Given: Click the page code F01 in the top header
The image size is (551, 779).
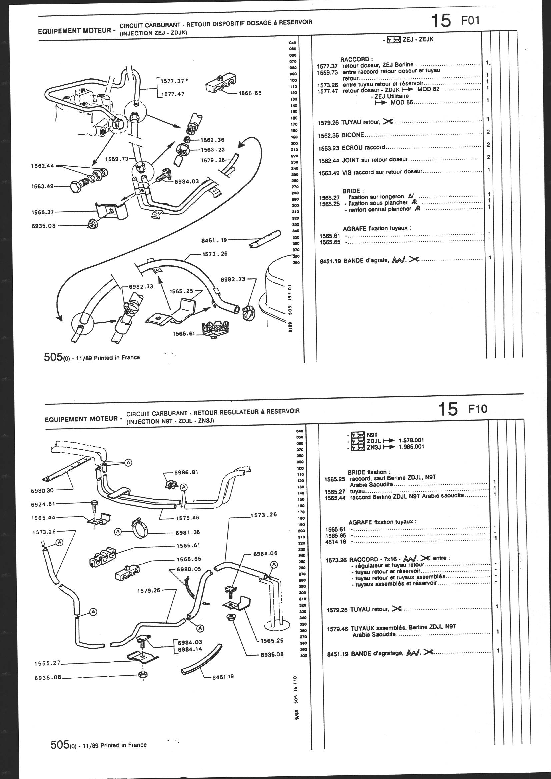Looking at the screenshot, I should (470, 21).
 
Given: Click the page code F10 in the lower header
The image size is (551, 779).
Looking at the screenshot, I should (477, 409).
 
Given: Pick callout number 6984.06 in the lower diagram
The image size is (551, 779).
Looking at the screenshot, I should (265, 553).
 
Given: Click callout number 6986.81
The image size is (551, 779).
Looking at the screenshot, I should (186, 472).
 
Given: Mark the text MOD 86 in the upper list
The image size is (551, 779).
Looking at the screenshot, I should (402, 103).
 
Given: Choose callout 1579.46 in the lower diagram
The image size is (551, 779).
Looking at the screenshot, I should (187, 518).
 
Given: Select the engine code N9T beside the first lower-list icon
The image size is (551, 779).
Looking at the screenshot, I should (372, 434).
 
